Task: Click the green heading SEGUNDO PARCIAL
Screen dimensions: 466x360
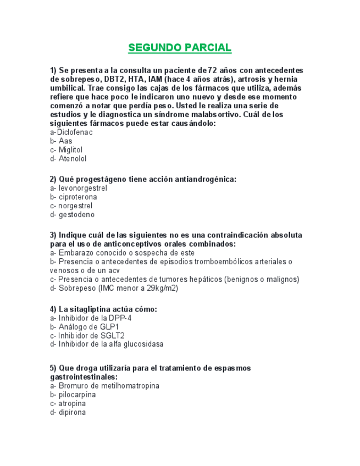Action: tap(180, 48)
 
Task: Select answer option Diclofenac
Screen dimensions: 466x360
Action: tap(71, 132)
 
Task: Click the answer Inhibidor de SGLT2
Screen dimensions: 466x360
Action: tap(87, 335)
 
